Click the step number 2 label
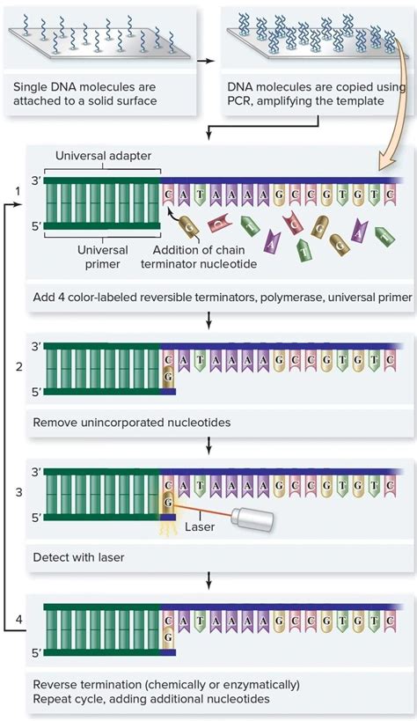click(18, 365)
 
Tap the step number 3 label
click(18, 492)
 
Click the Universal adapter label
click(103, 156)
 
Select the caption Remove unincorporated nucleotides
click(132, 423)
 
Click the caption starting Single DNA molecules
click(84, 94)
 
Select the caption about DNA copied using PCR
click(316, 94)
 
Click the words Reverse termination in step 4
click(86, 684)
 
